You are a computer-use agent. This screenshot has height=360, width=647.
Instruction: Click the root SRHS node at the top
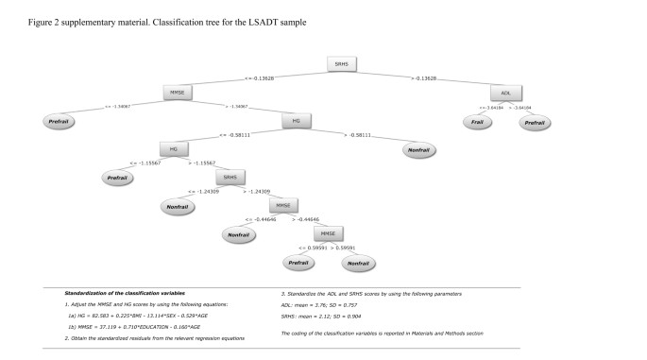click(x=341, y=64)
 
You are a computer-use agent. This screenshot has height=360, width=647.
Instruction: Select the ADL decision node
click(x=506, y=93)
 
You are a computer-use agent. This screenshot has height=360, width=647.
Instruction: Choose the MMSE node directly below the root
click(x=177, y=93)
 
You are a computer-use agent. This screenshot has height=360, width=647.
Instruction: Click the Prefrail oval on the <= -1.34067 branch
click(x=59, y=121)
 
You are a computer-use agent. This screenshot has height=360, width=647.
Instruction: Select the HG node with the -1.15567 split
click(x=173, y=148)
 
